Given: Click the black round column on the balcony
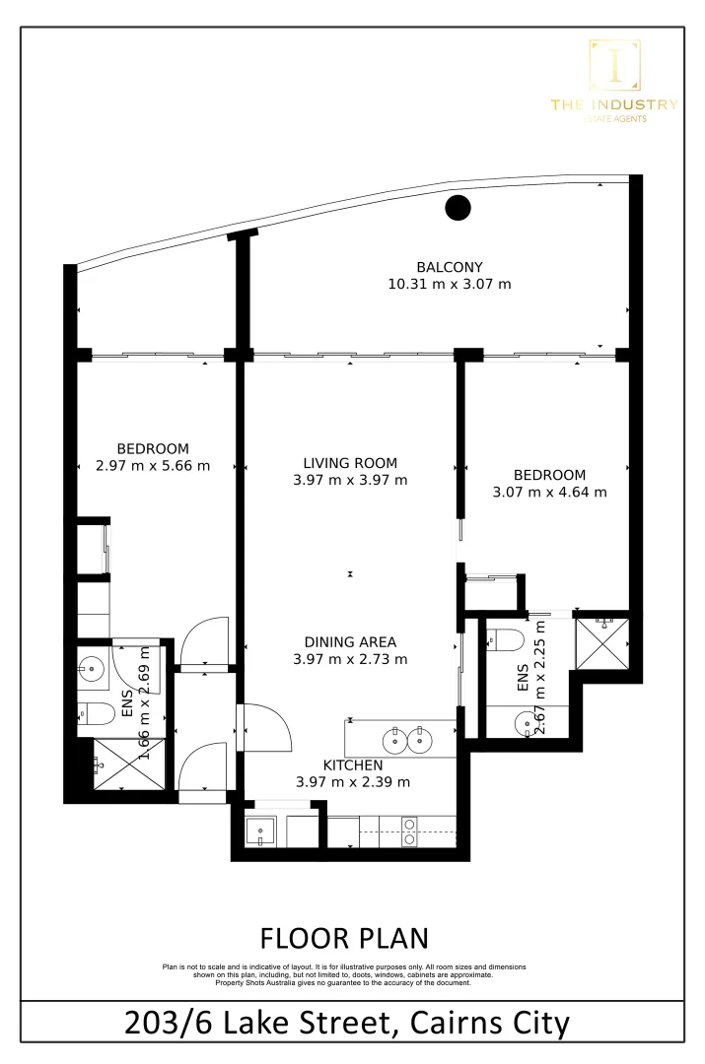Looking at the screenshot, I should click(x=458, y=208).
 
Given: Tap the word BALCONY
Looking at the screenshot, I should click(x=450, y=266).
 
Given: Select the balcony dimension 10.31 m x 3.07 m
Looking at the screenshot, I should click(x=450, y=285).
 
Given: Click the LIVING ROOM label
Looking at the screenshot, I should click(x=350, y=462).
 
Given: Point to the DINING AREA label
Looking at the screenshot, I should click(x=350, y=641).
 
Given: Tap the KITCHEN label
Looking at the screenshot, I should click(x=353, y=765).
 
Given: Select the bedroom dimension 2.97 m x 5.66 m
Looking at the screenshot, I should click(x=153, y=466).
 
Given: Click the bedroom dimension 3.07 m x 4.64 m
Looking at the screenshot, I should click(x=549, y=492).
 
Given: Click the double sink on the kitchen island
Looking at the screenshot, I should click(x=407, y=738).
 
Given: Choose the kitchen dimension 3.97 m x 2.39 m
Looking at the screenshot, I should click(x=353, y=782).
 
